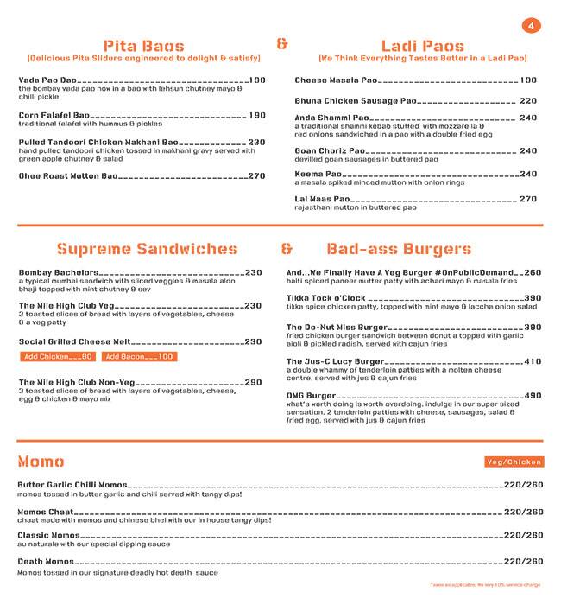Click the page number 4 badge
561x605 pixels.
(x=532, y=27)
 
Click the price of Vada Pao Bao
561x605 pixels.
(x=257, y=80)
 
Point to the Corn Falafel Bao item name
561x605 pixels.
(x=54, y=115)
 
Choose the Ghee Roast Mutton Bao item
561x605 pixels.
(x=67, y=176)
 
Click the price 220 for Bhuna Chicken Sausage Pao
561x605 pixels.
(x=527, y=100)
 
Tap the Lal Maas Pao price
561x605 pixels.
(x=527, y=199)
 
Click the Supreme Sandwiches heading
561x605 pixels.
(x=147, y=250)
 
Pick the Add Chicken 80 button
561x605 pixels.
(x=58, y=356)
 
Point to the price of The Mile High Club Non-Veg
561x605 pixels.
(x=253, y=381)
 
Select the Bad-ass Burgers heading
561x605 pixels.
(x=399, y=250)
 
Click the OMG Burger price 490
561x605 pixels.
(x=533, y=395)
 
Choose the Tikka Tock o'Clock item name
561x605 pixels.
(x=329, y=297)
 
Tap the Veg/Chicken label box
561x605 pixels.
(x=514, y=462)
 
